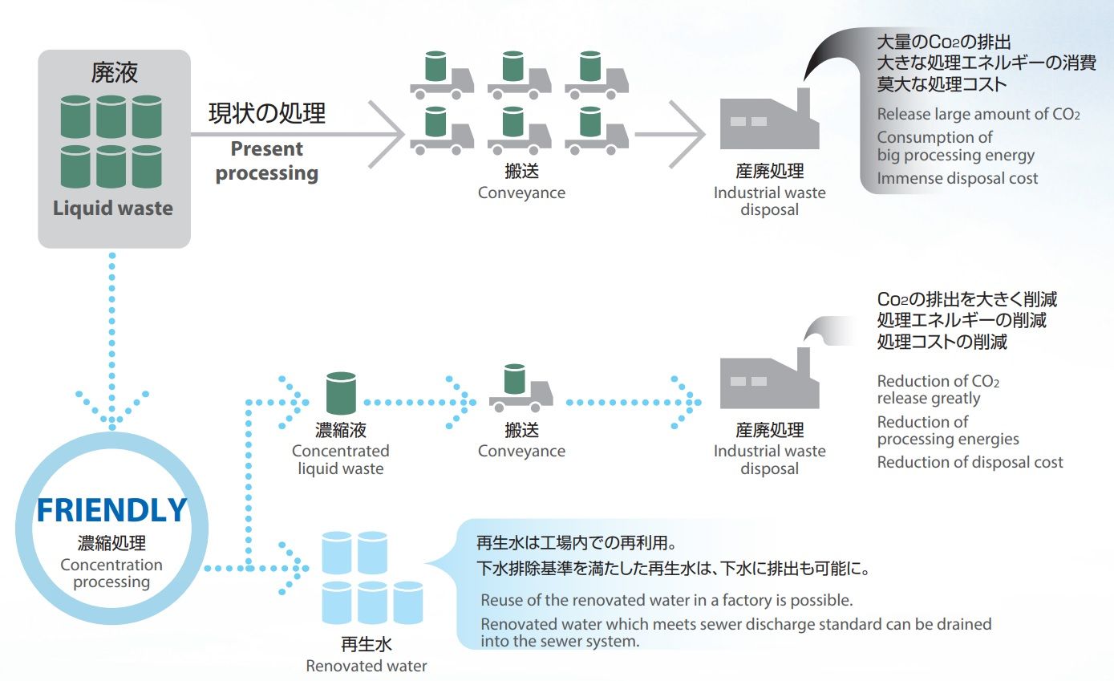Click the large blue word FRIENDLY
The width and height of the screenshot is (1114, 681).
(x=112, y=510)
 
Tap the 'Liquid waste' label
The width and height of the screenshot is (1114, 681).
(x=113, y=208)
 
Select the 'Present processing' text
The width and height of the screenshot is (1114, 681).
(x=267, y=160)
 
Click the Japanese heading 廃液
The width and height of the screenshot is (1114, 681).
(x=114, y=73)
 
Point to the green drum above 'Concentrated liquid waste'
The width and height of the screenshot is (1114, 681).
(x=341, y=393)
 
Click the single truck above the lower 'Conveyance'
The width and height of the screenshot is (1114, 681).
(x=521, y=388)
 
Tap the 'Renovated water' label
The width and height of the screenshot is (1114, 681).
(x=367, y=666)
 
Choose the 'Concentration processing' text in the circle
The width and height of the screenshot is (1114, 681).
(x=111, y=573)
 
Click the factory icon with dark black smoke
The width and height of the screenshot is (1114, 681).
(x=769, y=119)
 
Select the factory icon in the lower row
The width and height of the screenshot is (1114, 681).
(x=769, y=378)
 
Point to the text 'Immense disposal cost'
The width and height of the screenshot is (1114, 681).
(x=958, y=178)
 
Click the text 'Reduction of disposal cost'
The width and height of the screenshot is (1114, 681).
(x=970, y=462)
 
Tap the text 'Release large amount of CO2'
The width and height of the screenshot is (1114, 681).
(x=978, y=114)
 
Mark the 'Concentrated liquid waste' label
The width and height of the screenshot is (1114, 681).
(x=341, y=460)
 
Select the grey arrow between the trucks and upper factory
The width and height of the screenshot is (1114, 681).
(x=670, y=134)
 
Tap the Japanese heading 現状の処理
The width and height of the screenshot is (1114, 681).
(x=267, y=113)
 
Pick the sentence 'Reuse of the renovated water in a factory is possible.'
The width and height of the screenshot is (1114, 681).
(x=666, y=600)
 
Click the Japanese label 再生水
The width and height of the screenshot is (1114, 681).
(x=367, y=644)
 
